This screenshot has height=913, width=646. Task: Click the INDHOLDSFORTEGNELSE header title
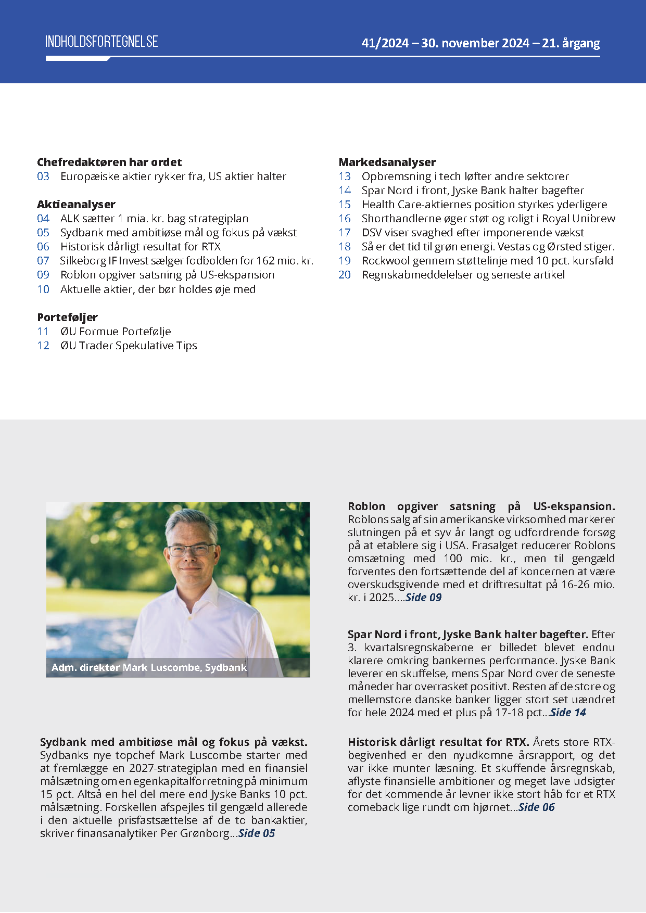pos(102,42)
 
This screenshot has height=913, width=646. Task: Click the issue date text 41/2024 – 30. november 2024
pos(445,43)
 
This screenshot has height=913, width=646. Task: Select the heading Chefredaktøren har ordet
pos(109,162)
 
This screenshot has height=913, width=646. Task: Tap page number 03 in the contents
pos(43,176)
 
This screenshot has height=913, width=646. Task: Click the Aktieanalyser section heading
pos(76,205)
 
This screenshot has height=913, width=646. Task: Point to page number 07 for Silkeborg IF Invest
pos(43,261)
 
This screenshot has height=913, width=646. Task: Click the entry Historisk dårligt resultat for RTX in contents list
pos(141,247)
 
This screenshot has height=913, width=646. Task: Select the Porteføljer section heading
pos(67,318)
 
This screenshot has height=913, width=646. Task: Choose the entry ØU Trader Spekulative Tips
pos(129,346)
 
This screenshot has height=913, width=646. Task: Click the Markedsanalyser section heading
pos(387,162)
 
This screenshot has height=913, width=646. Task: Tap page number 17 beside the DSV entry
pos(345,233)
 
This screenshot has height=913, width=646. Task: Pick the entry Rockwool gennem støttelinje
pos(487,261)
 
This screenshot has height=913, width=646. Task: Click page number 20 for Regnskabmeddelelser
pos(345,275)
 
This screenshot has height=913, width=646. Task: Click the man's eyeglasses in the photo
pos(191,550)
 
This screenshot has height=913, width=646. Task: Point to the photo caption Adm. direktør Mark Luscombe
pos(149,668)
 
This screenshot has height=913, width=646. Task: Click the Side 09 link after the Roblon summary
pos(423,598)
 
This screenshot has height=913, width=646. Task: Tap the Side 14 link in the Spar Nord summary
pos(568,713)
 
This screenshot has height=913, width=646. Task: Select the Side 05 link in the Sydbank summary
pos(257,833)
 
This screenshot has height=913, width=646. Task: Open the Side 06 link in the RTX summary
pos(537,807)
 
